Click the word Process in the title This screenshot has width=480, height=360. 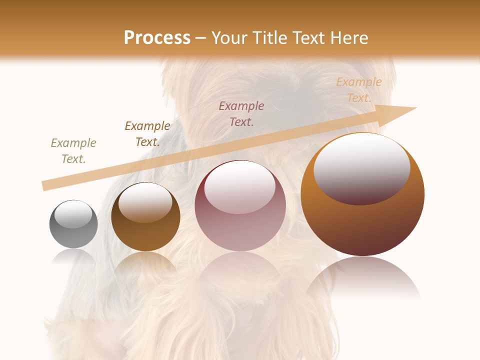click(x=157, y=38)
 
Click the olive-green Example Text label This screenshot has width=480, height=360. click(x=73, y=150)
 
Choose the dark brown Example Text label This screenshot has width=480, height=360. click(x=147, y=133)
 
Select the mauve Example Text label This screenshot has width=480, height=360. click(x=241, y=113)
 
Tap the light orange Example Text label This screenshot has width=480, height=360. click(x=359, y=90)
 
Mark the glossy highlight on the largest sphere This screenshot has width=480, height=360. click(x=361, y=167)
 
